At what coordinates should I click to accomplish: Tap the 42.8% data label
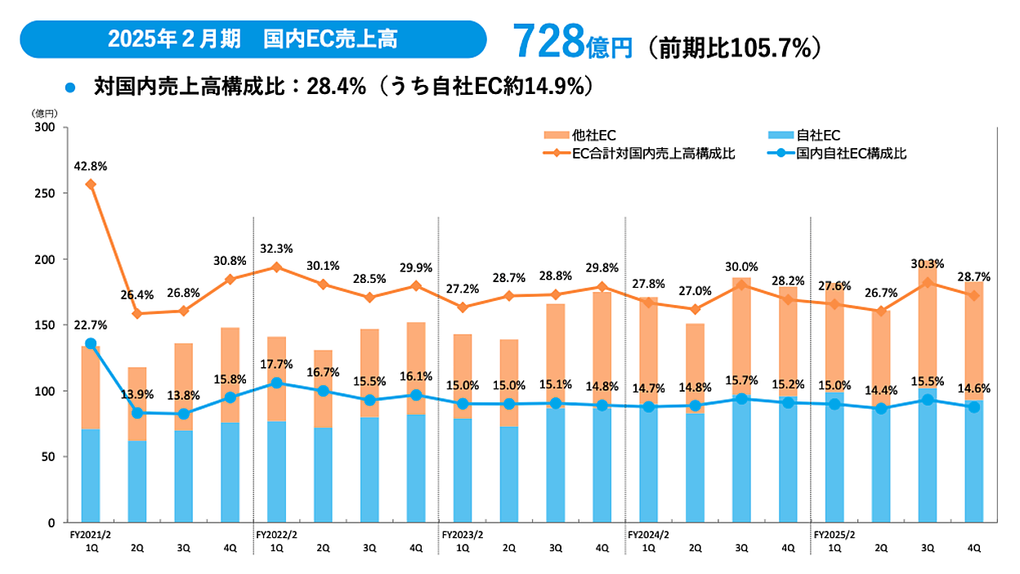(x=91, y=166)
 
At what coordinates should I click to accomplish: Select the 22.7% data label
(x=91, y=326)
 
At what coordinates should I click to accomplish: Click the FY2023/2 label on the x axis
(x=463, y=534)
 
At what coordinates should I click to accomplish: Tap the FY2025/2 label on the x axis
(x=834, y=534)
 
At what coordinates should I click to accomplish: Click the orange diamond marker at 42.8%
(x=91, y=185)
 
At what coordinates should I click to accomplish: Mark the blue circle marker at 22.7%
(x=91, y=344)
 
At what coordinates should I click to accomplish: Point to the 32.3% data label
(x=276, y=249)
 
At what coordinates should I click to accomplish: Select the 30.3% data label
(x=927, y=263)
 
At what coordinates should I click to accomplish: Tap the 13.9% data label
(x=137, y=395)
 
